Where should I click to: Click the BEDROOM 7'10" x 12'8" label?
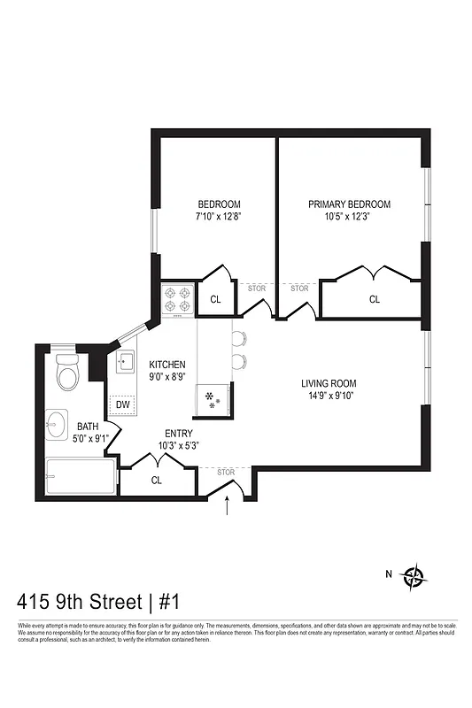tap(219, 210)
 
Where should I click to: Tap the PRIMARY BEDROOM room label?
tap(349, 210)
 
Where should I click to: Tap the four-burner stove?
tap(177, 298)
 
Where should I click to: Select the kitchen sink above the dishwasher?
tap(123, 363)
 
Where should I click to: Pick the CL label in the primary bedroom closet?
tap(375, 299)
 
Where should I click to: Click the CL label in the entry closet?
tap(157, 481)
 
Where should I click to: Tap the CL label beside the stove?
tap(215, 299)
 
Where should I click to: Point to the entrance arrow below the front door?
tap(228, 509)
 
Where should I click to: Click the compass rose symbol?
tap(414, 577)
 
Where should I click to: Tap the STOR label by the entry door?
tap(226, 472)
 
